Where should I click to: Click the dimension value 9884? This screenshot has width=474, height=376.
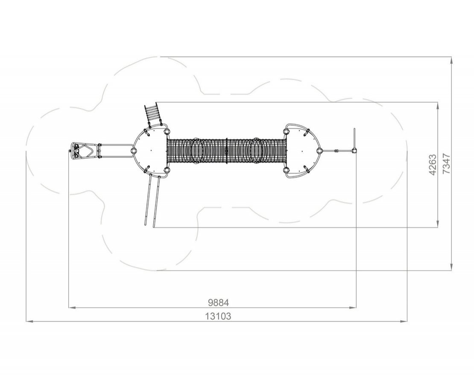point(218,302)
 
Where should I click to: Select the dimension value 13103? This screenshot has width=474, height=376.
point(218,316)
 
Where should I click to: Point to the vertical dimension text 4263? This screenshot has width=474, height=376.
point(433,165)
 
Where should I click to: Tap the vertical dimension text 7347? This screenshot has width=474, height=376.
point(446,164)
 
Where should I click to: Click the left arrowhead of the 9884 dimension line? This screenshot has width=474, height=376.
point(72,308)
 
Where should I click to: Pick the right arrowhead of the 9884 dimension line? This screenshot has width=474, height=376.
point(353,308)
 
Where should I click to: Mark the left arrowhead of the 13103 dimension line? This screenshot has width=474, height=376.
point(29,321)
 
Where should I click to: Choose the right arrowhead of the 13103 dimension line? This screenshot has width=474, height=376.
point(404,321)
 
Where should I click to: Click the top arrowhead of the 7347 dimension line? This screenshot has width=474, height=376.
point(451,60)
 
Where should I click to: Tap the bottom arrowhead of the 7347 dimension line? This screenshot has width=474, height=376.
point(451,267)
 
